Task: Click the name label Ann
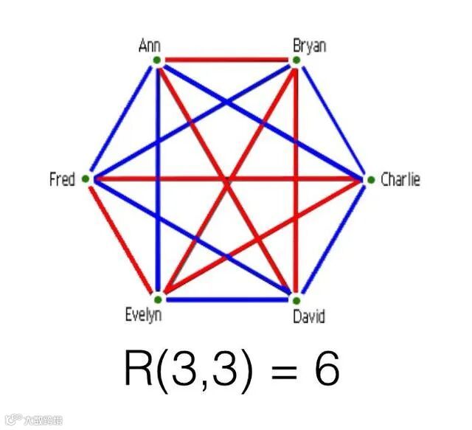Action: coord(150,46)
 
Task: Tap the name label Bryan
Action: coord(310,46)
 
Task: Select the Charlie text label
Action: coord(400,179)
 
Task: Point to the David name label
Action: coord(308,317)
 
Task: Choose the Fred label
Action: coord(62,179)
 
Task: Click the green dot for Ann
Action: coord(157,60)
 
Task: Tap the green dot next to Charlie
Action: coord(370,179)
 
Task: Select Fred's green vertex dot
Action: coord(86,178)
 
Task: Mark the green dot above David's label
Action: coord(295,300)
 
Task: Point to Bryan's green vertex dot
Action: coord(295,60)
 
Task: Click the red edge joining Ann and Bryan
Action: coord(226,59)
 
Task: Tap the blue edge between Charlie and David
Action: coord(333,240)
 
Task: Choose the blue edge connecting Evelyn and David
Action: coord(226,299)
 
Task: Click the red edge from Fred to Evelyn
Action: coord(121,239)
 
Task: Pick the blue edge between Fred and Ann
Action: coord(121,119)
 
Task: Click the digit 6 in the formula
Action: coord(325,371)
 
